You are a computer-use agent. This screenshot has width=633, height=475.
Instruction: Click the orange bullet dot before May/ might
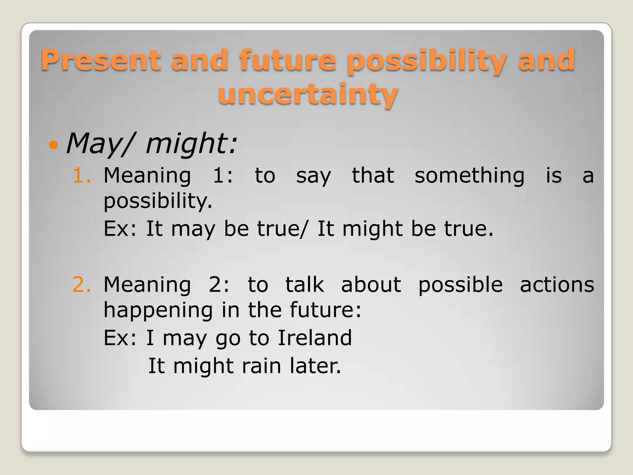(x=53, y=144)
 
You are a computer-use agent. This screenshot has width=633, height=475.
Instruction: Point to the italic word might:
(x=191, y=143)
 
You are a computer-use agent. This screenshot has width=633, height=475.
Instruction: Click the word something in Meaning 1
(x=469, y=175)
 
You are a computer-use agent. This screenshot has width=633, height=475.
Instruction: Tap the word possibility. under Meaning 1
(x=158, y=201)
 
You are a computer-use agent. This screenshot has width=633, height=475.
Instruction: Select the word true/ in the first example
(x=283, y=229)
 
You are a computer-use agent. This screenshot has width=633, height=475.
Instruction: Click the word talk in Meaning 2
(x=304, y=285)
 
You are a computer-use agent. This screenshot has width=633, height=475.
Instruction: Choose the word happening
(x=158, y=310)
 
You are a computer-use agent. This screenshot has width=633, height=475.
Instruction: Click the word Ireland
(x=315, y=338)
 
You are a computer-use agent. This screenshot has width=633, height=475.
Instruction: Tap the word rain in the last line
(x=261, y=366)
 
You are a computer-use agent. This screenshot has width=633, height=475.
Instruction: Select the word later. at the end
(x=315, y=366)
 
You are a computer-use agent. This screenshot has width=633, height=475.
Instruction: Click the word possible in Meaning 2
(x=460, y=285)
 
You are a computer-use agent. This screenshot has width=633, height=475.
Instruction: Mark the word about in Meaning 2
(x=371, y=285)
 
